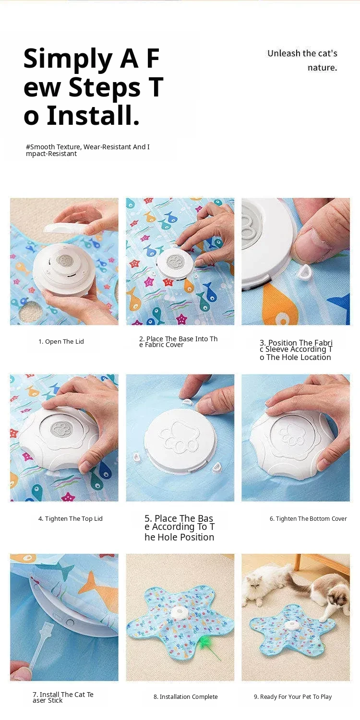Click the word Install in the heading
click(x=93, y=116)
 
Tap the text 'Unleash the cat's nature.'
click(x=302, y=60)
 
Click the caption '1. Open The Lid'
click(x=61, y=341)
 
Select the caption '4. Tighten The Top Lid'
click(x=71, y=518)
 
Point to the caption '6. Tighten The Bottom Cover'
click(x=308, y=518)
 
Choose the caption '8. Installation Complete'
click(x=185, y=696)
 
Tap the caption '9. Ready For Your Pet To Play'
click(x=293, y=696)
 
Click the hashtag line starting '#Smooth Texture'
click(x=87, y=150)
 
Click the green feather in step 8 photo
click(x=203, y=645)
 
